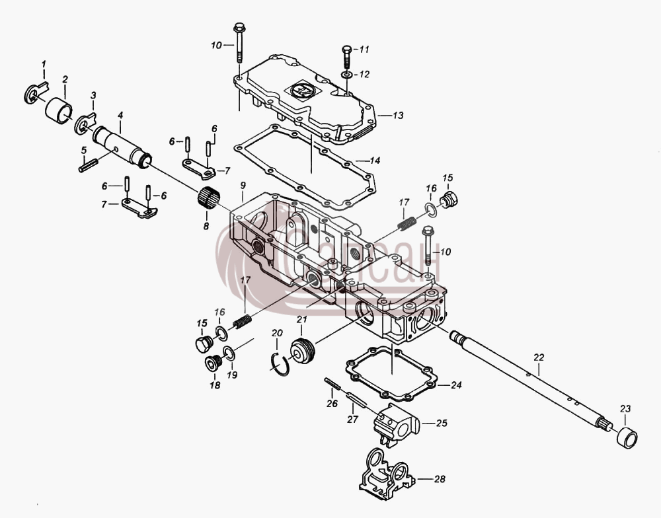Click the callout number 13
pos(398,115)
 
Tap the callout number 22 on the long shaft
pos(539,357)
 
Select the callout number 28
pos(440,479)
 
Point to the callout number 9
pos(243,186)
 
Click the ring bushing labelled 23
pos(627,437)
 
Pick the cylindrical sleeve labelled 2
pos(59,110)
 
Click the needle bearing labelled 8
pos(208,196)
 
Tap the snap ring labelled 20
pos(280,364)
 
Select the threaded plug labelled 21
pos(303,349)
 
